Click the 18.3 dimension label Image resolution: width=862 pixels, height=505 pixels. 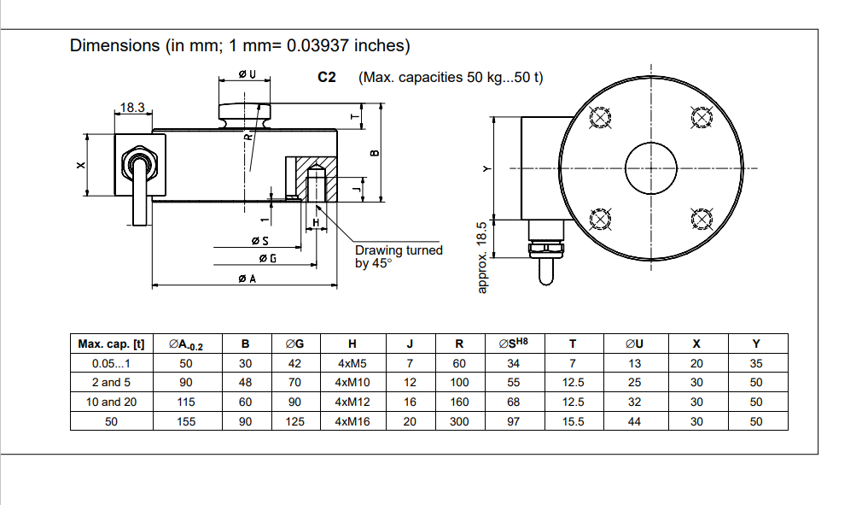(132, 108)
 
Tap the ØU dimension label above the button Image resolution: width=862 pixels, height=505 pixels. (247, 75)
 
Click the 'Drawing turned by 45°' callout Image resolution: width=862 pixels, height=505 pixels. (399, 256)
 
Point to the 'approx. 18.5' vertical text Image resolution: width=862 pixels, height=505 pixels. (482, 257)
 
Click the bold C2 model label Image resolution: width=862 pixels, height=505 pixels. (327, 78)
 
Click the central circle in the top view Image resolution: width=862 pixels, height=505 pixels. (651, 167)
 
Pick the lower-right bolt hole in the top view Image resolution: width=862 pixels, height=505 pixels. (700, 218)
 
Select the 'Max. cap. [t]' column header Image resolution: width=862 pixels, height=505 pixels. (111, 344)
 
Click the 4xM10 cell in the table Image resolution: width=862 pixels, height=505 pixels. (352, 382)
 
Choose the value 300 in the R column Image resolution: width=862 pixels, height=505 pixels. (459, 421)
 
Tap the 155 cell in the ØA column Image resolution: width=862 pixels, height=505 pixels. (186, 421)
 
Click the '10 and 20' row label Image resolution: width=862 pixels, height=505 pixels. (111, 402)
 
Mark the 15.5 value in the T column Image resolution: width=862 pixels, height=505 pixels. (573, 421)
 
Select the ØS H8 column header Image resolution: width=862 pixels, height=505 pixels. (513, 344)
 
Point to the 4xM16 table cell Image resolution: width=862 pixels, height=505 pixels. (352, 421)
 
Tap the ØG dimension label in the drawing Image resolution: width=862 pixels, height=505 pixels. (266, 258)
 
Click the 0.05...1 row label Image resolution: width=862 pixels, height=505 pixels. (111, 363)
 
